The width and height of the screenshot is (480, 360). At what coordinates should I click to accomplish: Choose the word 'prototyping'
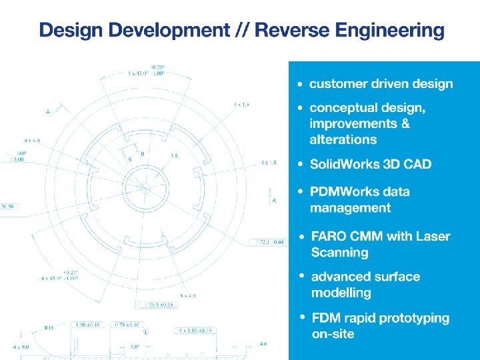(412, 319)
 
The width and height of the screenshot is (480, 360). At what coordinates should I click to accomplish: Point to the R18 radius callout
(49, 328)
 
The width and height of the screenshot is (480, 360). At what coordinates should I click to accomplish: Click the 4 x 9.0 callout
(21, 347)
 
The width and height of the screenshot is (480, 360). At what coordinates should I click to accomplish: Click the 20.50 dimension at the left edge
(8, 207)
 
